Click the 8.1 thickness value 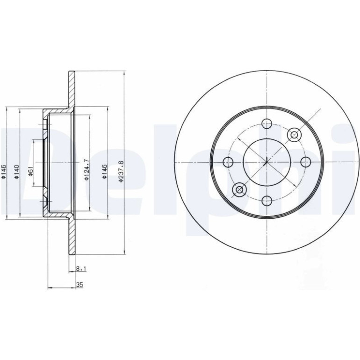[81, 268]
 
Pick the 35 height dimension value [79, 285]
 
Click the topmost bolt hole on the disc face [267, 124]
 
